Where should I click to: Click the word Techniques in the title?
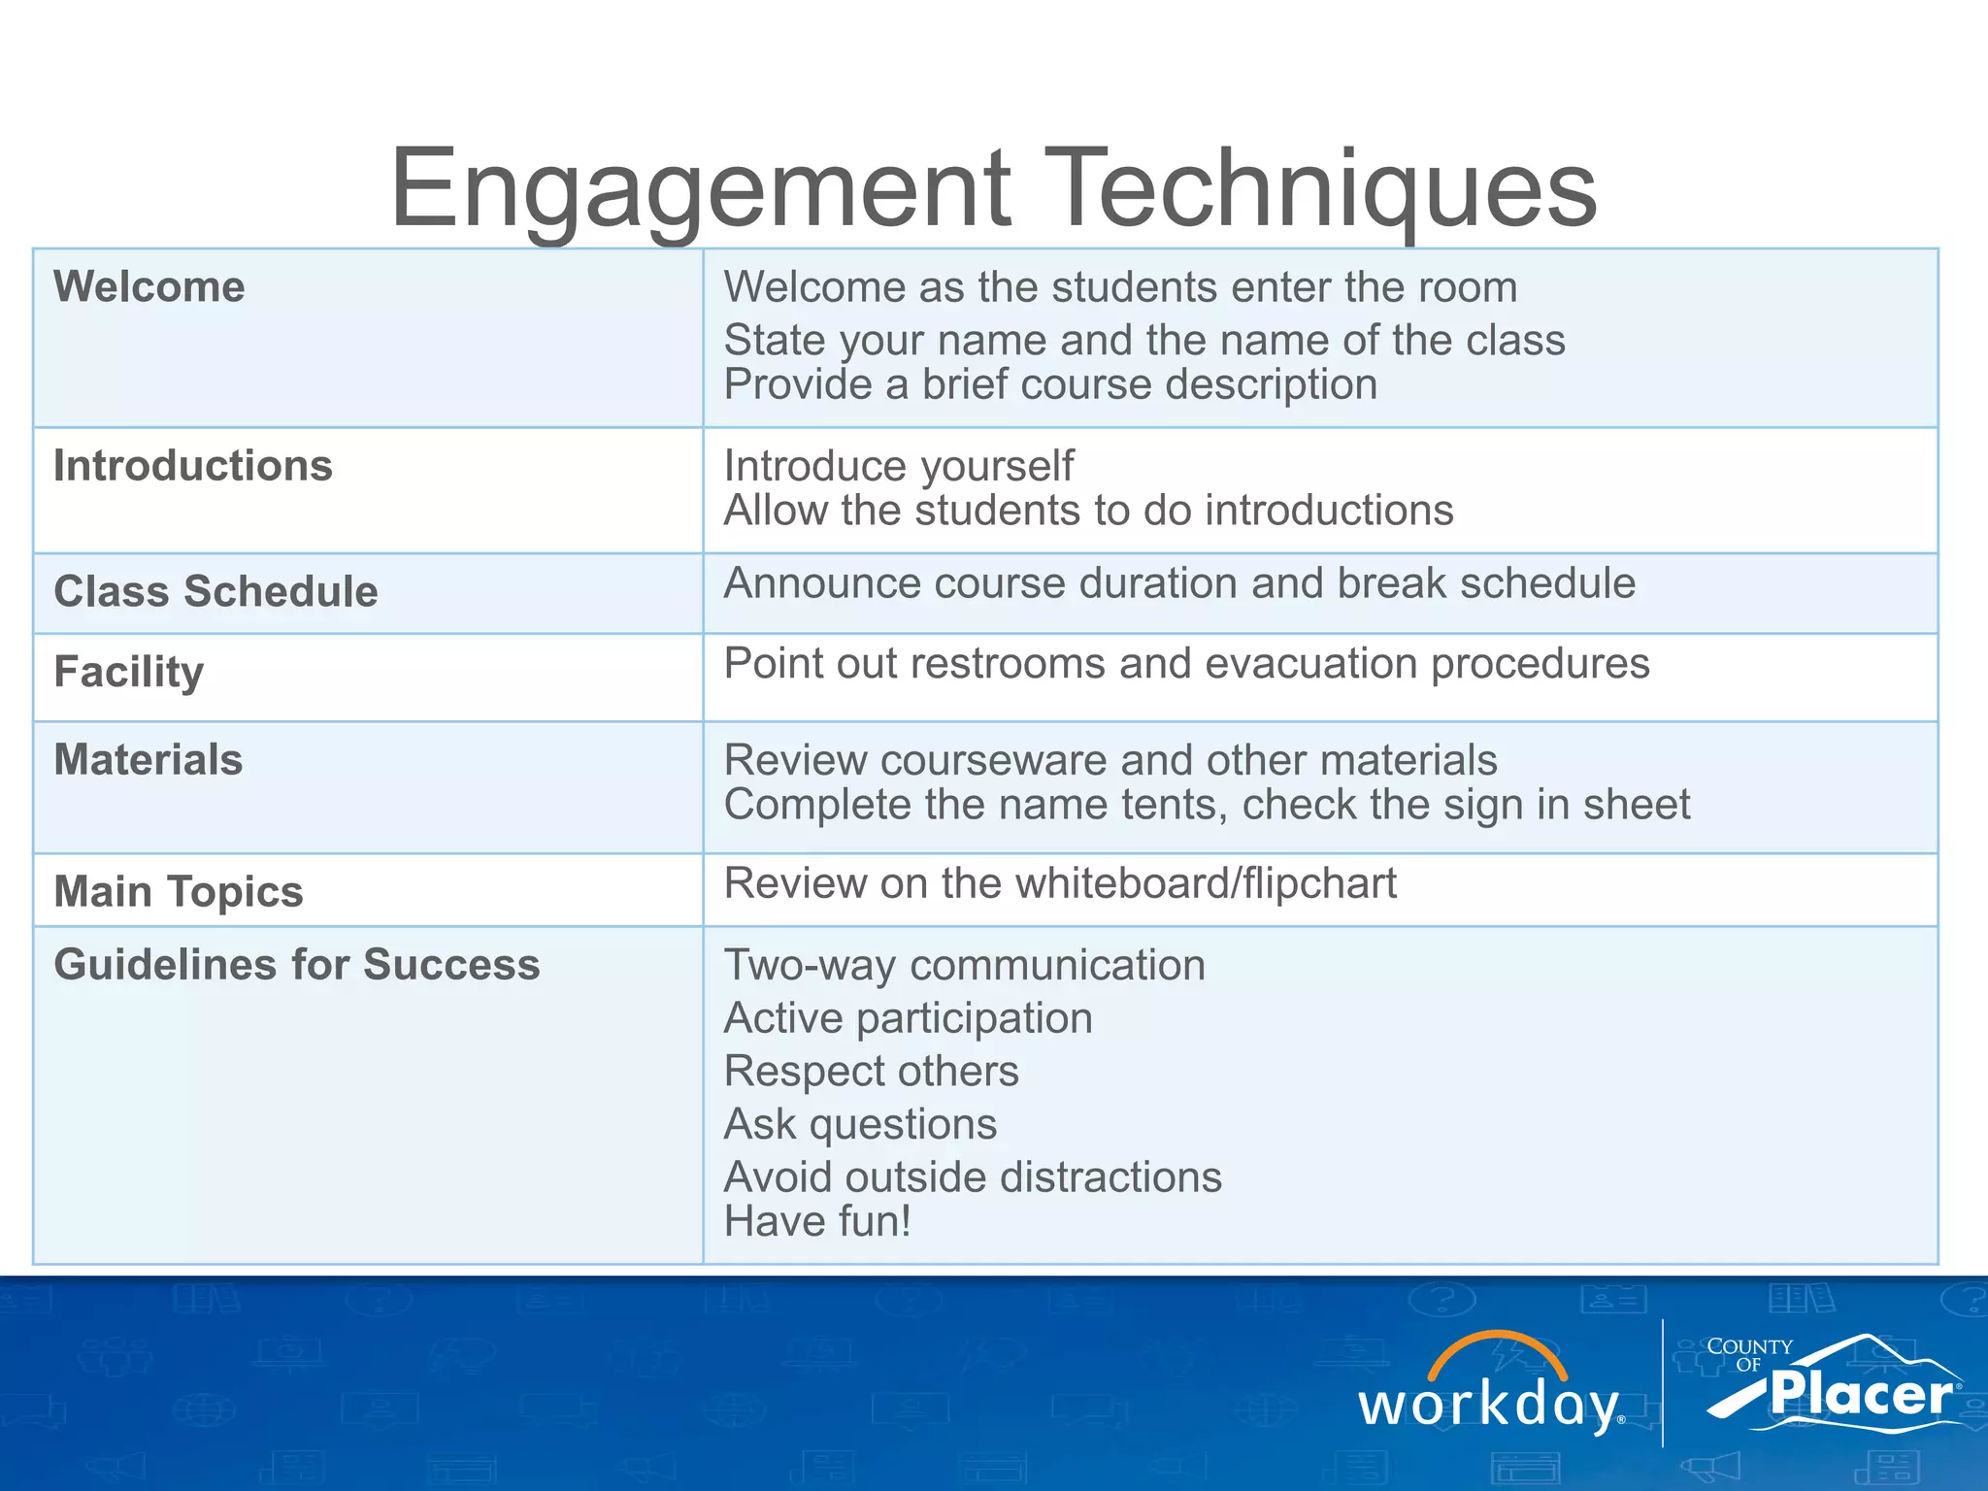(1320, 189)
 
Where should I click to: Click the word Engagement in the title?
(700, 189)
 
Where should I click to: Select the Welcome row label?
(149, 287)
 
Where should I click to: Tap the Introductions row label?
(193, 466)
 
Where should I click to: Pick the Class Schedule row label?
(215, 592)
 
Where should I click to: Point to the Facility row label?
(129, 673)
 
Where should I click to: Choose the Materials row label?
(149, 760)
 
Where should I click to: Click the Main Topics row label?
(179, 892)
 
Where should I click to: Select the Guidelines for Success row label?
(297, 965)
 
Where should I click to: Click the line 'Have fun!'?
(817, 1221)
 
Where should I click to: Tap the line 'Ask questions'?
(860, 1124)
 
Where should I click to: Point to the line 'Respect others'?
(871, 1072)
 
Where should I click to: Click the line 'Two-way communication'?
(965, 966)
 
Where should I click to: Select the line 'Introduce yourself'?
(899, 466)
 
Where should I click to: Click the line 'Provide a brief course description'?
(1050, 385)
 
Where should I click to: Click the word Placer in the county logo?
(1860, 1394)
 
